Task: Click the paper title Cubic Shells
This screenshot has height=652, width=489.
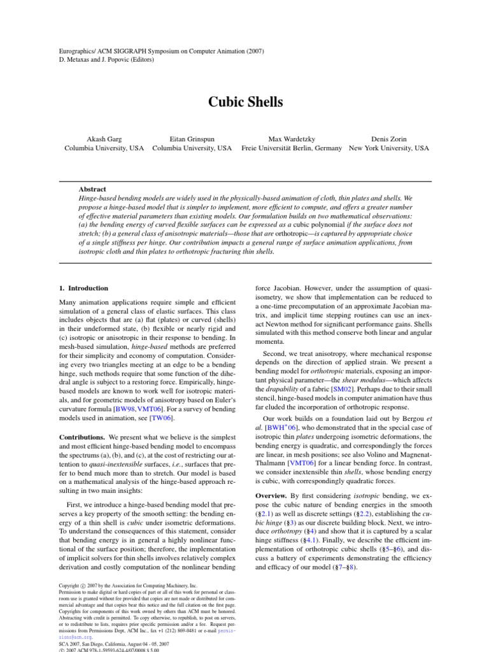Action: tap(244, 103)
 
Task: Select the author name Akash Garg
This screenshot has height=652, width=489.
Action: tap(103, 138)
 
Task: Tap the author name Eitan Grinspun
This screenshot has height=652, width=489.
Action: tap(192, 138)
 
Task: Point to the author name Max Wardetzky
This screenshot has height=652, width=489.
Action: tap(292, 138)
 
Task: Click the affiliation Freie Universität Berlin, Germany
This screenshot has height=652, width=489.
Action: tap(292, 148)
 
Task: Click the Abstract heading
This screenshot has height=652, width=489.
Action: tap(93, 189)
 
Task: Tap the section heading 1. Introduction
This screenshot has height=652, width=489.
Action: tap(83, 288)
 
